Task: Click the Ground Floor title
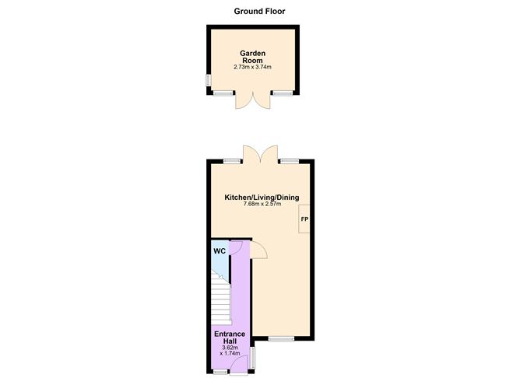click(x=260, y=11)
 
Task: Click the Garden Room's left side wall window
click(x=208, y=80)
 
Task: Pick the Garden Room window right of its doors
click(x=282, y=93)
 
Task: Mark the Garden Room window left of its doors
click(x=223, y=93)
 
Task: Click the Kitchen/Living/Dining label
click(x=262, y=198)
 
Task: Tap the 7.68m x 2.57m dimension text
click(x=262, y=205)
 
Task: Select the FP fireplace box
click(x=304, y=219)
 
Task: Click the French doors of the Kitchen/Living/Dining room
click(x=260, y=154)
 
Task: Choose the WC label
click(x=220, y=251)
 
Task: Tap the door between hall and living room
click(x=258, y=250)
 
